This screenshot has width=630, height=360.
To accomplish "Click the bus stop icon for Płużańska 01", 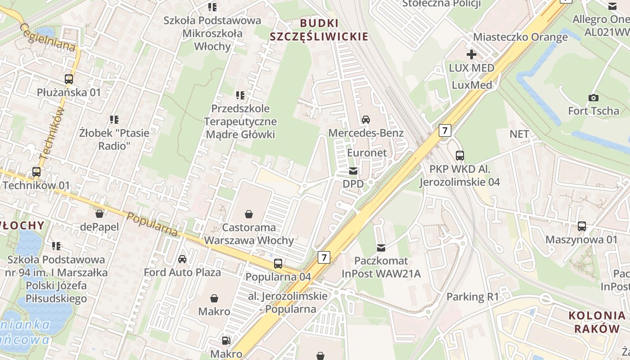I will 69,79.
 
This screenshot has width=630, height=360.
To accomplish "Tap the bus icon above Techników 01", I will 36,172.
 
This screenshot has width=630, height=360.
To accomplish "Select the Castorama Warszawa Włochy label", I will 249,234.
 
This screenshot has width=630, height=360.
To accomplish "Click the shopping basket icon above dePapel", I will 99,213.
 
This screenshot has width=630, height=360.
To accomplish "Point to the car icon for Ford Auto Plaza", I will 182,259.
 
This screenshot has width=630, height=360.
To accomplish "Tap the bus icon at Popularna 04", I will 278,264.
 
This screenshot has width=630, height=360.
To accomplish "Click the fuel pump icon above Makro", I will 226,341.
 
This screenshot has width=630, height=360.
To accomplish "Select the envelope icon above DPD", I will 353,171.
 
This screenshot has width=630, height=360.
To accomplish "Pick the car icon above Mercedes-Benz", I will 366,120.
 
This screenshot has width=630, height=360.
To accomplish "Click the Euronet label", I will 367,153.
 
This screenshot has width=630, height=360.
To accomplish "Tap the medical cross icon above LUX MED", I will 472,55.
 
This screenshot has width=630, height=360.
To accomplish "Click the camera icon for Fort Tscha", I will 594,98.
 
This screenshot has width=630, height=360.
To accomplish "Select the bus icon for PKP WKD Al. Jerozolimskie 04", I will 460,156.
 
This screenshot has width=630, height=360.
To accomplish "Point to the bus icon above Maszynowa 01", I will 582,226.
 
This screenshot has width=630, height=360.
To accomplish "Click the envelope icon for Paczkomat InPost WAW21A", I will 381,247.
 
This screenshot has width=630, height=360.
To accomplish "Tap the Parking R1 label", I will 473,297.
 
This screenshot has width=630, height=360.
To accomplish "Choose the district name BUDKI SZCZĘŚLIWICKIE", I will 319,30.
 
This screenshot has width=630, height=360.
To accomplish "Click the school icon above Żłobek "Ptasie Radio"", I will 114,120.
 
